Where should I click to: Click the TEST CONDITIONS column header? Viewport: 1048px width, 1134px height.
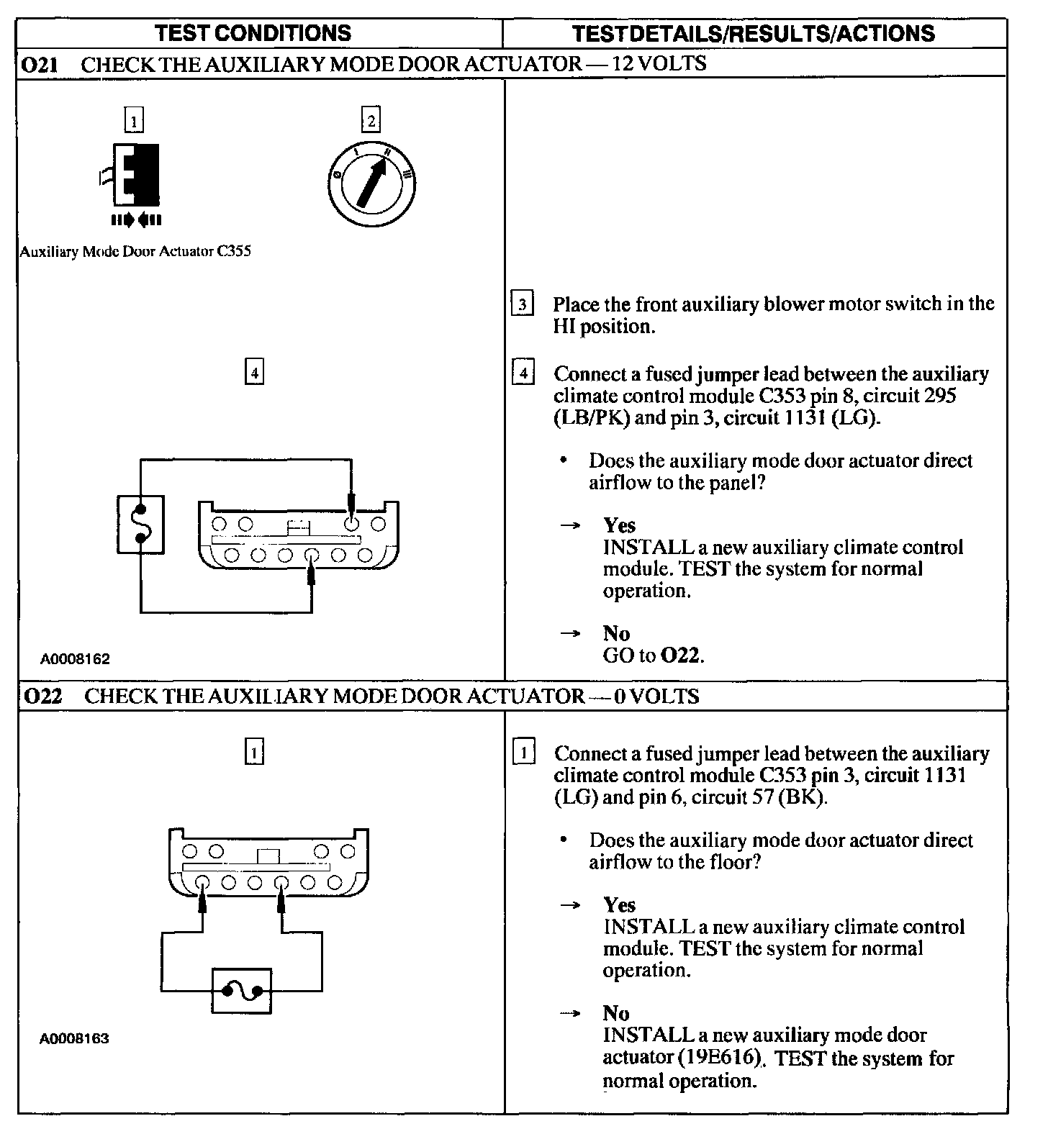pyautogui.click(x=253, y=33)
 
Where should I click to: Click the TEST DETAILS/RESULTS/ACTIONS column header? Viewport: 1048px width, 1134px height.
pyautogui.click(x=753, y=33)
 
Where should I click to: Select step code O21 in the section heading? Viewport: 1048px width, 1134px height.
pyautogui.click(x=40, y=64)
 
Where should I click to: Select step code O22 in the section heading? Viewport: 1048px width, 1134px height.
pyautogui.click(x=42, y=697)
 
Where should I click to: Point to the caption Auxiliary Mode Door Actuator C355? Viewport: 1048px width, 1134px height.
pyautogui.click(x=135, y=252)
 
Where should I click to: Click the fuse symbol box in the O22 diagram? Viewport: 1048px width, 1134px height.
pyautogui.click(x=242, y=991)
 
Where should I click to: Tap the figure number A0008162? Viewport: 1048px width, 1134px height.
pyautogui.click(x=75, y=659)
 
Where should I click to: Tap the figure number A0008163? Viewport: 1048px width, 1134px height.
pyautogui.click(x=75, y=1039)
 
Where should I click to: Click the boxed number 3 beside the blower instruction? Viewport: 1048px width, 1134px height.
pyautogui.click(x=523, y=304)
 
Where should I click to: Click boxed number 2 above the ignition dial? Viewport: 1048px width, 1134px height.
pyautogui.click(x=371, y=120)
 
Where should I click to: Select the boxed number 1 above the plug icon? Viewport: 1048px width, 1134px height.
pyautogui.click(x=134, y=120)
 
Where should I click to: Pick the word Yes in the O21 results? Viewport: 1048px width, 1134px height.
pyautogui.click(x=619, y=525)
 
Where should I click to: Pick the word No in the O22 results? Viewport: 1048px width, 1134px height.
pyautogui.click(x=616, y=1013)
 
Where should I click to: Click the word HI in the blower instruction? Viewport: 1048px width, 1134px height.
pyautogui.click(x=564, y=327)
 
